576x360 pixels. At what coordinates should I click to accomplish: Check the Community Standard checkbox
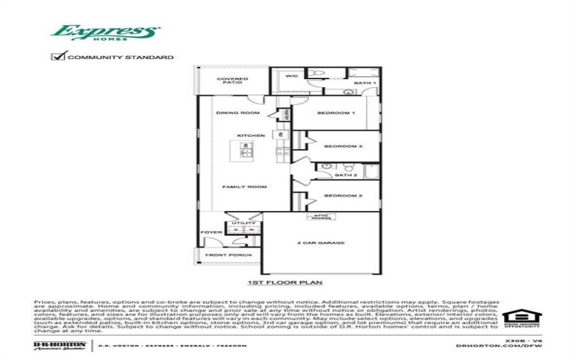57,56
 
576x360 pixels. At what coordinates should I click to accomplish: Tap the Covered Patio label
235,81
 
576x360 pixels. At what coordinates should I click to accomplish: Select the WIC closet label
292,76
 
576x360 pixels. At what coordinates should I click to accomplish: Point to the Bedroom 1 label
337,113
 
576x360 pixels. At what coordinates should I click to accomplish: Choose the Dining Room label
238,113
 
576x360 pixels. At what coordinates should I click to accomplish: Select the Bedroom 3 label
342,146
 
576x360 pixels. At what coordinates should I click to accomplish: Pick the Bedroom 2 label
342,195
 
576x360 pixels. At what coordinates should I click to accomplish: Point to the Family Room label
244,186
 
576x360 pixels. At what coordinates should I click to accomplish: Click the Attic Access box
320,216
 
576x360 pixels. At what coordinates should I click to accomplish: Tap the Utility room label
239,223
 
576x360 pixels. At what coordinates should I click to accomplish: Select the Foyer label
210,232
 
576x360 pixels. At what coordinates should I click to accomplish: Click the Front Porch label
223,255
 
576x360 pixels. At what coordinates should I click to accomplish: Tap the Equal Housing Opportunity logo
520,318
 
